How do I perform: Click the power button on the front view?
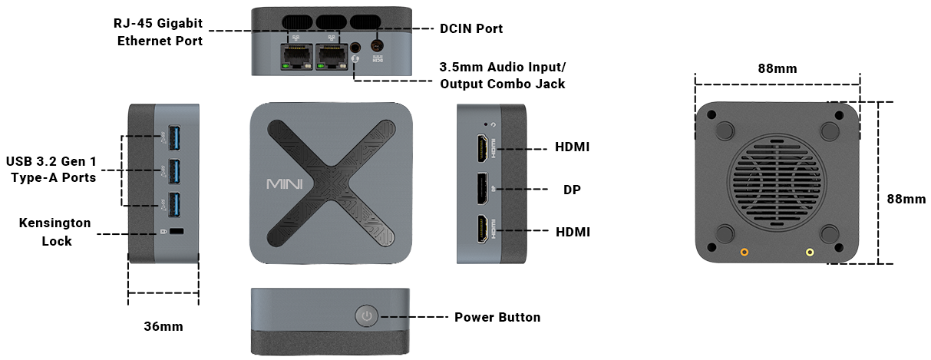(x=367, y=316)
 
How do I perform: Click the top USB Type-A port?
(x=174, y=137)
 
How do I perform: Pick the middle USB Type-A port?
(x=174, y=170)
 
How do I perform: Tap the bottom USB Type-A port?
(x=174, y=203)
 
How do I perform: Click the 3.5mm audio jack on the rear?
(x=355, y=47)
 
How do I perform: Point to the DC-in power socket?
(x=377, y=45)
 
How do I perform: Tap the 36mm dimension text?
(x=163, y=326)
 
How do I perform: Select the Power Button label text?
(x=497, y=317)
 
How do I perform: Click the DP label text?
(x=572, y=189)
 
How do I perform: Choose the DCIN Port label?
(x=471, y=29)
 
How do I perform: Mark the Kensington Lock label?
(x=56, y=232)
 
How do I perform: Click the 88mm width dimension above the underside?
(x=777, y=68)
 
